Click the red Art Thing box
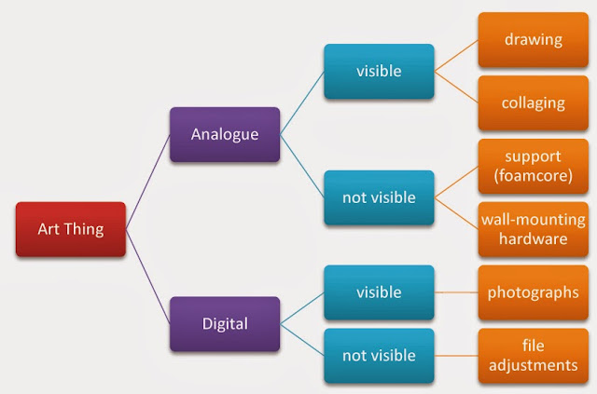click(x=71, y=229)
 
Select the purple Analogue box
click(x=225, y=135)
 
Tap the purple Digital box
click(x=225, y=324)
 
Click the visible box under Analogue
click(x=379, y=72)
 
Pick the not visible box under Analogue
click(x=379, y=197)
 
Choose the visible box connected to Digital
click(x=379, y=292)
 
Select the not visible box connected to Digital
click(x=379, y=356)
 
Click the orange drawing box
click(x=534, y=40)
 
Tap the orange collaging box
click(x=534, y=103)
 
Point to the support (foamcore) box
click(x=534, y=166)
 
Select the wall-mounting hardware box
click(x=534, y=229)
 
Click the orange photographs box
click(x=534, y=292)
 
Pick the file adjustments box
click(x=534, y=356)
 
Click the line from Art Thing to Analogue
click(x=147, y=183)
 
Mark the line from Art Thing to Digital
click(x=147, y=277)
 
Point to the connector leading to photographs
click(x=456, y=292)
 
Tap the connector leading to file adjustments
click(x=456, y=356)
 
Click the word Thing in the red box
click(x=84, y=230)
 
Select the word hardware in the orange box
click(x=534, y=239)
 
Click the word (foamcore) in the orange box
click(x=534, y=176)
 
